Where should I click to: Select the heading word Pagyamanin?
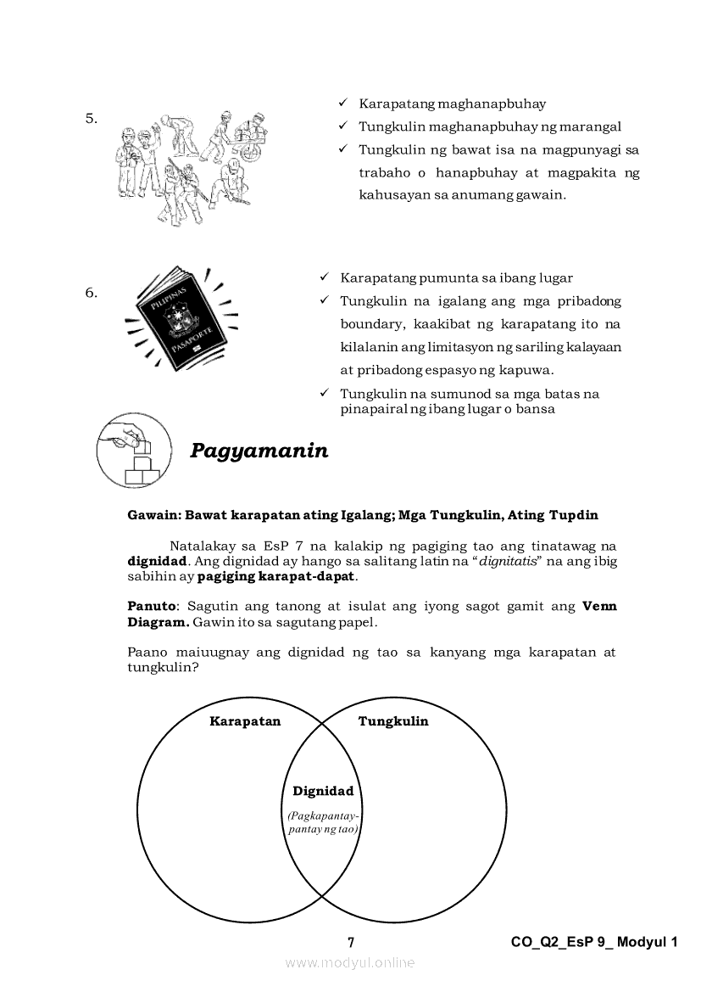click(259, 451)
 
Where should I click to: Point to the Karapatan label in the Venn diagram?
click(245, 721)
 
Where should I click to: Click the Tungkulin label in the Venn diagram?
click(393, 721)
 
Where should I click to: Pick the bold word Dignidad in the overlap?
click(323, 791)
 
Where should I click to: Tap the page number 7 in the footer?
click(351, 942)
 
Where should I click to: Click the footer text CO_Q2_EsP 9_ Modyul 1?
click(595, 942)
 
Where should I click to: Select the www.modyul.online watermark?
click(350, 962)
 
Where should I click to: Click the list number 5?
click(92, 118)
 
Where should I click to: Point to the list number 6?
click(92, 293)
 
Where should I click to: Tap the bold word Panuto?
click(151, 606)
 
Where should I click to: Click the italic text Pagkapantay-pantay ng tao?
click(323, 821)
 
